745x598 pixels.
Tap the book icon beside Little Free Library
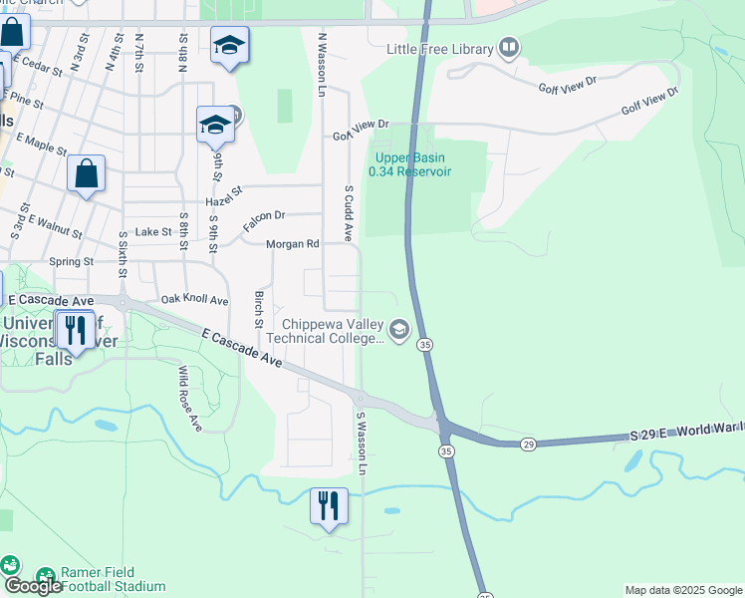click(510, 47)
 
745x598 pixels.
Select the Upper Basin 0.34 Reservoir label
click(409, 164)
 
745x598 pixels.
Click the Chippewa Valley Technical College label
click(333, 331)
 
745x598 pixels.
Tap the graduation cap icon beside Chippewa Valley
click(399, 330)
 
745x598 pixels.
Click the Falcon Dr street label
click(264, 215)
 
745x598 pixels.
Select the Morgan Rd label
click(292, 244)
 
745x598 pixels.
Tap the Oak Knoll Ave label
click(194, 300)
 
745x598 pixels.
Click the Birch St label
click(258, 310)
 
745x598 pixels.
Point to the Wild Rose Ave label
click(189, 399)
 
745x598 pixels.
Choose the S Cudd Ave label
click(349, 212)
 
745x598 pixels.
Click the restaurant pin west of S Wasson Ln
click(328, 506)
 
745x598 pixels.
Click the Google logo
click(33, 586)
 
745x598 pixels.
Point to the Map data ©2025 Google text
click(683, 590)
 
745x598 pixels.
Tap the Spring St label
click(71, 262)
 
